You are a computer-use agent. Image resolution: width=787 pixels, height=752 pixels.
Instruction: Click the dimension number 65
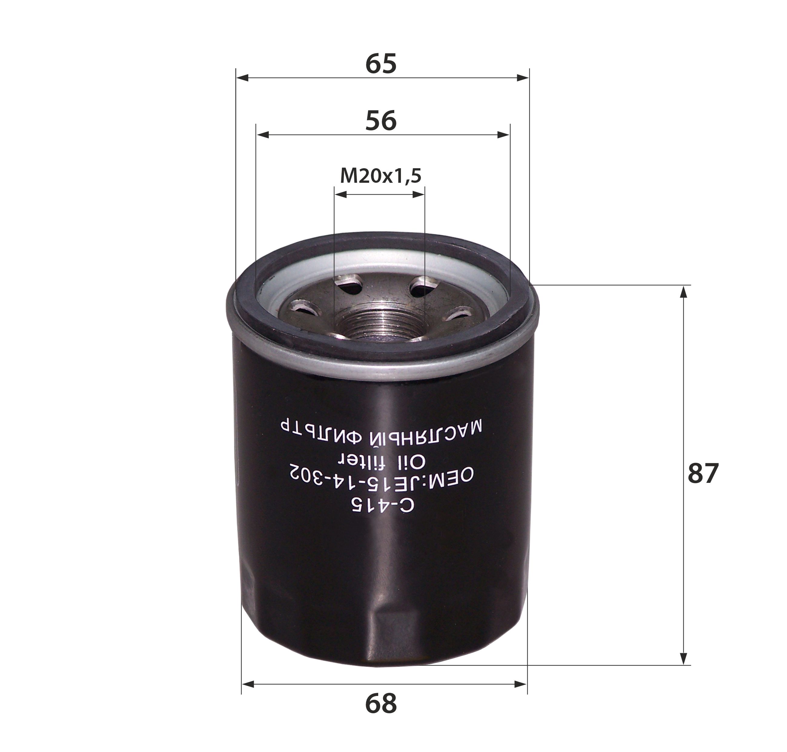(381, 64)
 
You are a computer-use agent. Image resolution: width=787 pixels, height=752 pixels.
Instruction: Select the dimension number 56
(381, 121)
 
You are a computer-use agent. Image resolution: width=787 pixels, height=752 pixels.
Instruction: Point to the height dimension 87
(703, 473)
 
